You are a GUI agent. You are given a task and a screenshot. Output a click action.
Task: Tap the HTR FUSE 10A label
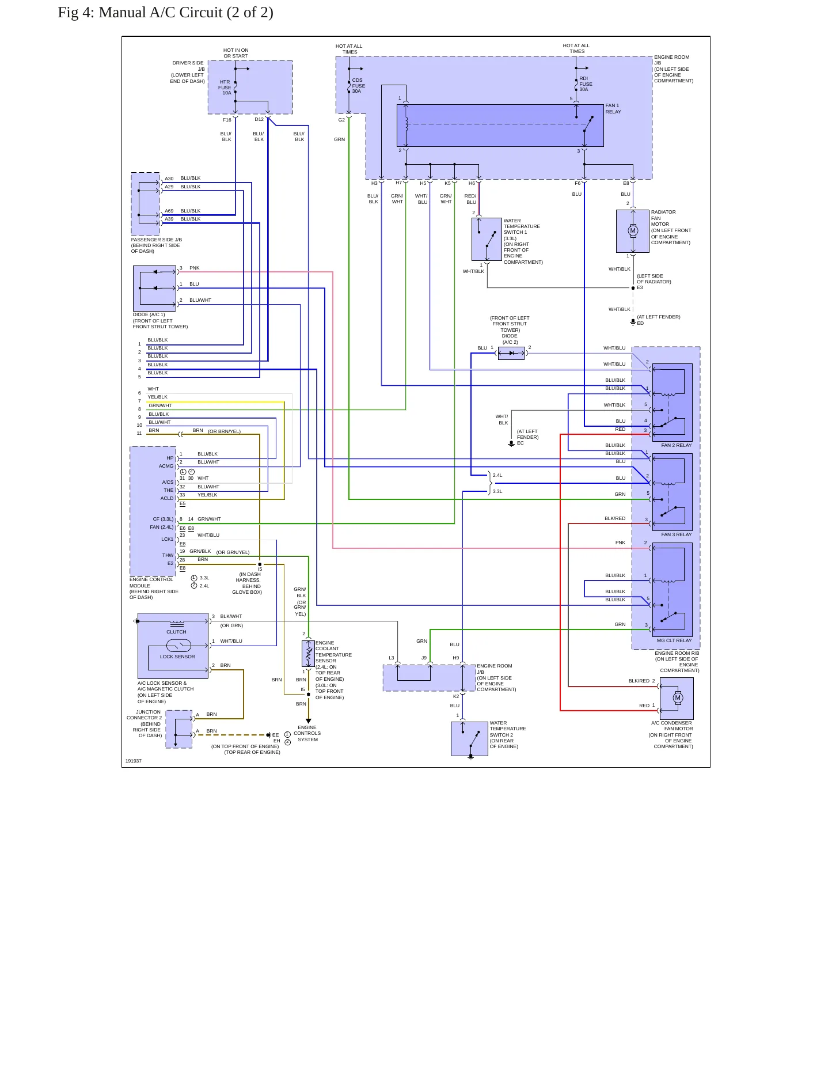225,88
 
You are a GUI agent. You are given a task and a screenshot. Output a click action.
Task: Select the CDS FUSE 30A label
358,86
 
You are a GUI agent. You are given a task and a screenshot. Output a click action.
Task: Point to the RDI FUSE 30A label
586,84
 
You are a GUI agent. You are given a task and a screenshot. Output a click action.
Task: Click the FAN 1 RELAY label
613,109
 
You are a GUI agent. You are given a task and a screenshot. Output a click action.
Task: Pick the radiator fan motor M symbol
633,231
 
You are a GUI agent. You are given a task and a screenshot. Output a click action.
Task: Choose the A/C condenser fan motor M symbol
678,698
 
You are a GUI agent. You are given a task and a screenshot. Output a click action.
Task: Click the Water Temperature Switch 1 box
487,240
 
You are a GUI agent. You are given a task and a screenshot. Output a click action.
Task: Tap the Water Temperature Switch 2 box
469,739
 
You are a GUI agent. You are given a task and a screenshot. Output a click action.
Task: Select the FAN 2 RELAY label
676,445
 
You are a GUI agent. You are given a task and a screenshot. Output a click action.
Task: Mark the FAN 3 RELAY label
676,534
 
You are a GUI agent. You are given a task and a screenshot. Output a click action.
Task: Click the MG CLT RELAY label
674,640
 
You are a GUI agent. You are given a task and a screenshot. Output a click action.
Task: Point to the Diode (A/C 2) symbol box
511,353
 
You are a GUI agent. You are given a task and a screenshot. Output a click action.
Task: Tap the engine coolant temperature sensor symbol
308,654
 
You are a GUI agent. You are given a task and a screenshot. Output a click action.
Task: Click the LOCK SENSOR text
177,657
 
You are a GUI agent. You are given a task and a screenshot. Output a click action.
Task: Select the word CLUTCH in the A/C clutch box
176,632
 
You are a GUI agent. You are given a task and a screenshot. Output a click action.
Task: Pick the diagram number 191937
134,761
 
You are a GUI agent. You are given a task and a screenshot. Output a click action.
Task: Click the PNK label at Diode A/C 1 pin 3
195,268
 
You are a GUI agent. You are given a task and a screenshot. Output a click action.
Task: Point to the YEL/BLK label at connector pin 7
157,397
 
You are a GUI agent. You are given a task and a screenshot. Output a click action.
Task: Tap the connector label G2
341,120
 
